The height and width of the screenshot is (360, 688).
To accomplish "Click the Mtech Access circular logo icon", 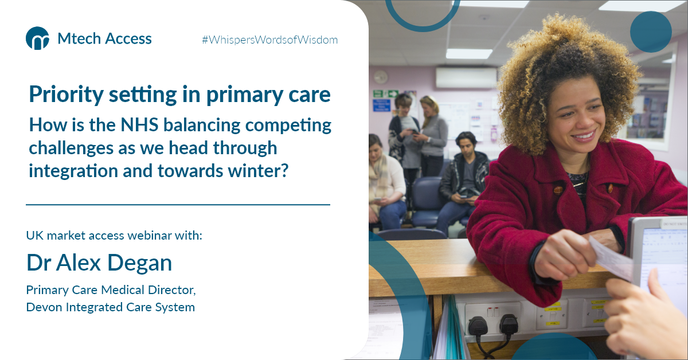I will [37, 38].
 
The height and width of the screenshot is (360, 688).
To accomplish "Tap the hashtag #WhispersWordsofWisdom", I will [269, 40].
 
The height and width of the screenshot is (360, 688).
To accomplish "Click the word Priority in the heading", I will [63, 94].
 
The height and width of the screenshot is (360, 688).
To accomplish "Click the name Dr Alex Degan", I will [99, 263].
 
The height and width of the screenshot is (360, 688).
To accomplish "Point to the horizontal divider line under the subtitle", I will [178, 204].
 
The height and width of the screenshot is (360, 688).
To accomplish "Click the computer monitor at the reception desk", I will [659, 258].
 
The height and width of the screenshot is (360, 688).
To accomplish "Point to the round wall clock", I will [380, 77].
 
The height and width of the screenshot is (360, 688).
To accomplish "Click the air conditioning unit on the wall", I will [466, 77].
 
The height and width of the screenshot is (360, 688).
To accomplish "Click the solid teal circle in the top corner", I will [650, 32].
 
